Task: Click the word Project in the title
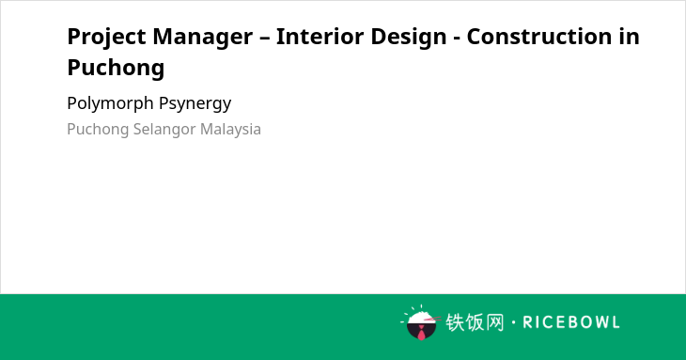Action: point(106,38)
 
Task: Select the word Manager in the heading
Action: point(203,38)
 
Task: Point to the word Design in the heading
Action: point(408,38)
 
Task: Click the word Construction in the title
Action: point(539,36)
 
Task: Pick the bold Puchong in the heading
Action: point(116,69)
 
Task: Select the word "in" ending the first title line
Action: point(629,36)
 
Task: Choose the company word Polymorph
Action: point(110,104)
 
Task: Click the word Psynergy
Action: point(195,104)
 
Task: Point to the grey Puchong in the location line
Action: point(98,130)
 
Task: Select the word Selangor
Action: point(164,130)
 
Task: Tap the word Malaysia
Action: point(230,130)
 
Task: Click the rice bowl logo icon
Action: point(421,322)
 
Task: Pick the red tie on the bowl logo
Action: point(421,333)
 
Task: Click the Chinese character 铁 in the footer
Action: point(455,322)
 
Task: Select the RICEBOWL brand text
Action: point(571,322)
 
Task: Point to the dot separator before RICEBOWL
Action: point(514,322)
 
